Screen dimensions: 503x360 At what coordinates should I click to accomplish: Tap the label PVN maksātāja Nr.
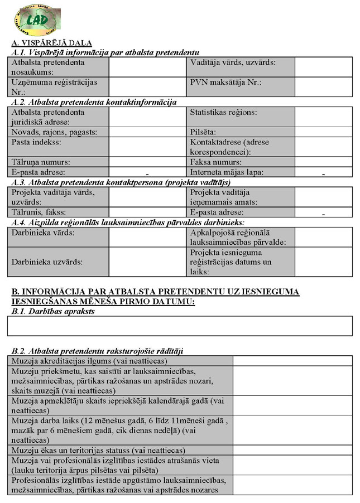[x=225, y=82]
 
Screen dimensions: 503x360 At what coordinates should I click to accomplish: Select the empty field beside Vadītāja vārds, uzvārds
[x=323, y=67]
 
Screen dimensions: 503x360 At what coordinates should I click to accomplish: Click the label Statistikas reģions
[x=223, y=113]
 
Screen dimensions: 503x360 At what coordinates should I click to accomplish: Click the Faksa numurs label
[x=215, y=162]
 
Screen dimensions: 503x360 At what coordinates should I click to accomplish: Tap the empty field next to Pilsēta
[x=323, y=132]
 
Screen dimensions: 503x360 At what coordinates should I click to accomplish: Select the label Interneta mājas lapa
[x=227, y=172]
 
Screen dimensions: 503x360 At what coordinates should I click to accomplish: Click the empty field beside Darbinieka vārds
[x=147, y=238]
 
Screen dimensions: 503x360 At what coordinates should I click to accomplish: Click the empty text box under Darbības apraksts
[x=180, y=326]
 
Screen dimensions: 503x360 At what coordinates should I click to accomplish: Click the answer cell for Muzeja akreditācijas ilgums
[x=292, y=361]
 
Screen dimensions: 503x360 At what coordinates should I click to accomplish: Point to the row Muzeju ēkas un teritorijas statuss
[x=98, y=450]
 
